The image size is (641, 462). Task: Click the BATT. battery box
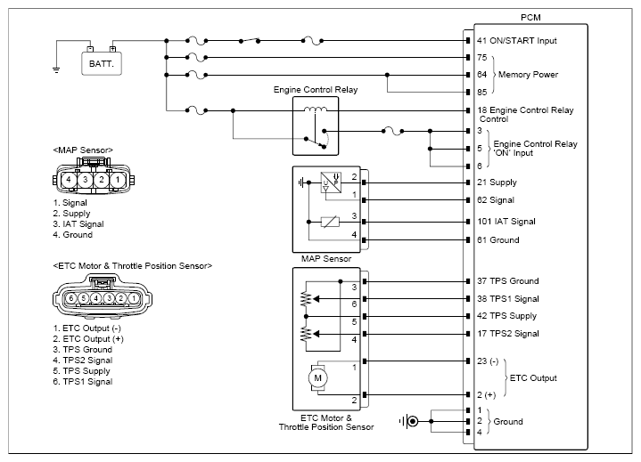tap(102, 64)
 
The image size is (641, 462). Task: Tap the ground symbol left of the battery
tap(56, 70)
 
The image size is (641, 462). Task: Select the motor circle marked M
tap(317, 378)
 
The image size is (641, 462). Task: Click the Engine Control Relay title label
tap(316, 90)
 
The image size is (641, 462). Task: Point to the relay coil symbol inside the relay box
tap(316, 109)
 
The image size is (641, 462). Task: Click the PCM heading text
tap(530, 18)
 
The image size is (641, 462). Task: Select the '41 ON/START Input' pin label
tap(517, 41)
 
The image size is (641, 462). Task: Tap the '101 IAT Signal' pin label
tap(506, 222)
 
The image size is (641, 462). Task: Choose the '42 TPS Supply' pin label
tap(506, 316)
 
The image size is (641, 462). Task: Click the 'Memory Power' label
tap(528, 75)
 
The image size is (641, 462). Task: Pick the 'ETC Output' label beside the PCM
tap(533, 378)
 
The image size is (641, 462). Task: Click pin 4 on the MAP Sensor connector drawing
tap(69, 180)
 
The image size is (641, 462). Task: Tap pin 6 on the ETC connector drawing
tap(71, 298)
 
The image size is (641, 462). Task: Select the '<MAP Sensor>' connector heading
tap(83, 150)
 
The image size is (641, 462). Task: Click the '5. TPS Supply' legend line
tap(81, 371)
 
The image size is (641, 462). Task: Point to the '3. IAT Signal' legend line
tap(78, 224)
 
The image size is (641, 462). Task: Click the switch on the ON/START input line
tap(250, 40)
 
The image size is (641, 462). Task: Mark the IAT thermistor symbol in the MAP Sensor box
tap(330, 222)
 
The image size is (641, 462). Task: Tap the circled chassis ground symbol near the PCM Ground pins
tap(409, 421)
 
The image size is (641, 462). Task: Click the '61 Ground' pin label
tap(498, 240)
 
